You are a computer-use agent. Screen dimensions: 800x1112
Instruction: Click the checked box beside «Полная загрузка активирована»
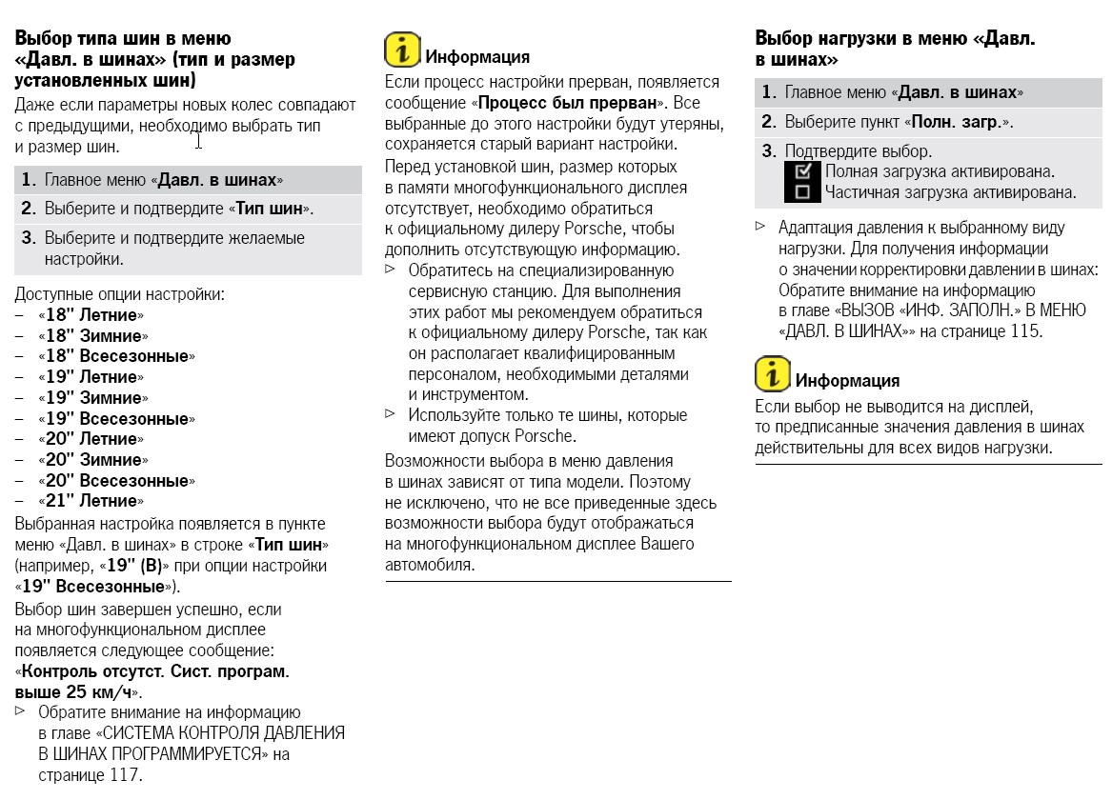click(x=801, y=171)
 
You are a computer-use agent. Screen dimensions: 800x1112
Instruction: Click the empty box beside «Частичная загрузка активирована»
click(x=801, y=192)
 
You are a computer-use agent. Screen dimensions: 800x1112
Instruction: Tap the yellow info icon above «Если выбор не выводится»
click(x=772, y=374)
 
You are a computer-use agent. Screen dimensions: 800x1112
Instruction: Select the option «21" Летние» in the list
click(x=91, y=501)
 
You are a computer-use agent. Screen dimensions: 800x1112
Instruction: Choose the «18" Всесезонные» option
click(x=116, y=356)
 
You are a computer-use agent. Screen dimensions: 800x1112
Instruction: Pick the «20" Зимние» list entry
click(x=92, y=460)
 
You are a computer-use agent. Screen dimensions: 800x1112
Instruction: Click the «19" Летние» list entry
click(x=91, y=377)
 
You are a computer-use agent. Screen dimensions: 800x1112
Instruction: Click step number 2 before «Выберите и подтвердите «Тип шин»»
click(x=29, y=209)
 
